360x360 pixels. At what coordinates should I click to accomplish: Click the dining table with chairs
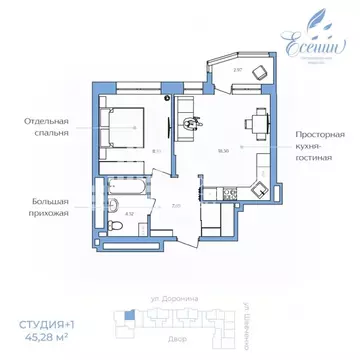[x=257, y=125]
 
